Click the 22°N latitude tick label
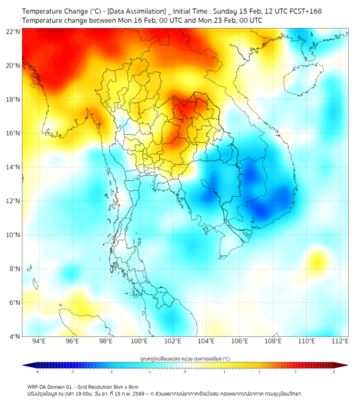(x=13, y=31)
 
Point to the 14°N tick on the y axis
(x=13, y=167)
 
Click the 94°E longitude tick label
(x=39, y=341)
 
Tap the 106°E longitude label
(x=240, y=341)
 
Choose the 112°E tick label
(x=340, y=341)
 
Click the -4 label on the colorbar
(x=36, y=372)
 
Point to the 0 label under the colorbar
(x=185, y=372)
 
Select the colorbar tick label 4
(x=334, y=372)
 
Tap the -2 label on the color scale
(x=111, y=372)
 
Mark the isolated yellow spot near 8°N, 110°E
(x=318, y=261)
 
